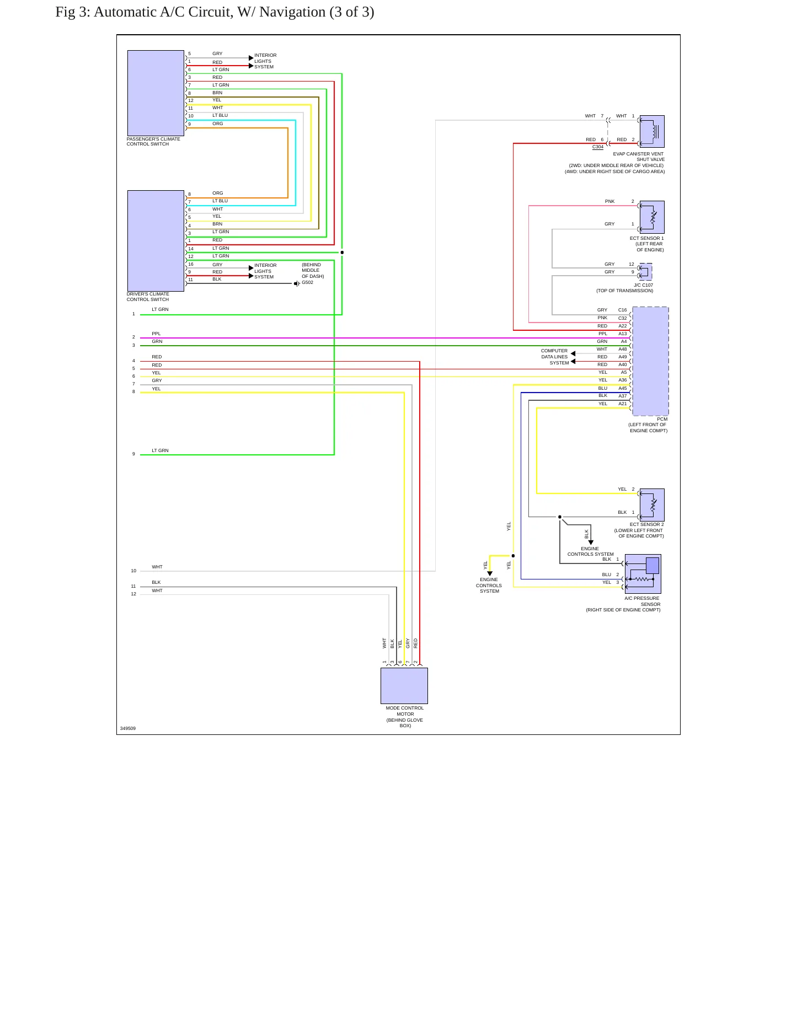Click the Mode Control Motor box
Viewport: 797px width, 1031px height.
[404, 686]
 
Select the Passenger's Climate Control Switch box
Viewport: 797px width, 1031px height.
[156, 93]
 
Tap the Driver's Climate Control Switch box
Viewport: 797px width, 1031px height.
[156, 241]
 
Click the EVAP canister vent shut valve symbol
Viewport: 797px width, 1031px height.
[652, 131]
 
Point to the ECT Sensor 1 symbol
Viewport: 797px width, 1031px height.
[652, 217]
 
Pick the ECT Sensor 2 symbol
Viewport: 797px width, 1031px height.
[652, 505]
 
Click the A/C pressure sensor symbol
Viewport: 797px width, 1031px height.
[643, 574]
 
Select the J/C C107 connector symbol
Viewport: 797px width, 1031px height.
[645, 272]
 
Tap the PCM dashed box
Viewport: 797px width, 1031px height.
[650, 361]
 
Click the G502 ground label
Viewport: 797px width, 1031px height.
[307, 283]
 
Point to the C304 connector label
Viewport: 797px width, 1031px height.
[598, 147]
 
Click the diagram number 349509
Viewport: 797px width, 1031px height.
[128, 728]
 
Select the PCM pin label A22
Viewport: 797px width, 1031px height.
[623, 326]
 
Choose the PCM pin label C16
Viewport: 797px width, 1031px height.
[623, 310]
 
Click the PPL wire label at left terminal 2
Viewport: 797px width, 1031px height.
[157, 334]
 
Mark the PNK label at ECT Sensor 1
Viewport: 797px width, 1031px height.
[609, 201]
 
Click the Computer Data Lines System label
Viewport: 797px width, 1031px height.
[555, 357]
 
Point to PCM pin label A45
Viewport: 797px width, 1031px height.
[623, 388]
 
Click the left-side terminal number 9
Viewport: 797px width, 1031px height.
[133, 454]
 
